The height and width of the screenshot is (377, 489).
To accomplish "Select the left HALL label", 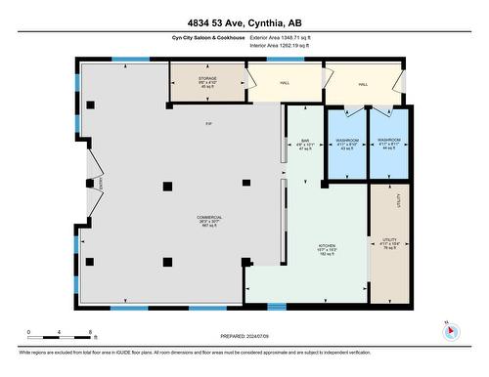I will tap(285, 84).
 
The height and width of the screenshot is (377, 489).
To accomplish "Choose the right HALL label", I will tap(362, 84).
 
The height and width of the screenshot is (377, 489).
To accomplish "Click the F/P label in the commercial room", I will tap(208, 124).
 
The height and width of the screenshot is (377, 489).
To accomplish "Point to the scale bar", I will tap(60, 336).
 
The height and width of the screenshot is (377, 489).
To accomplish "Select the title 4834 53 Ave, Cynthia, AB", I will tap(244, 23).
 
